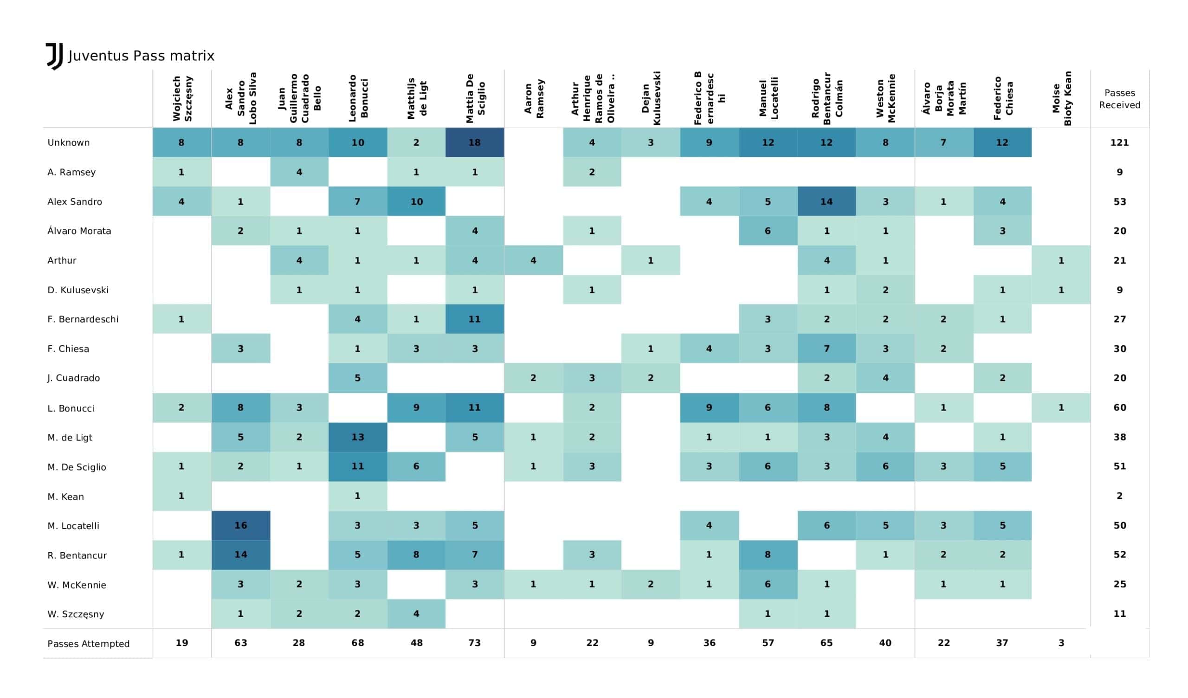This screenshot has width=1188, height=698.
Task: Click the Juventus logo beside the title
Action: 55,56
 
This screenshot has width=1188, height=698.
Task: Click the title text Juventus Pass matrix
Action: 142,56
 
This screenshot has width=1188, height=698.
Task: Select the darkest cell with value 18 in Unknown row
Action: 474,142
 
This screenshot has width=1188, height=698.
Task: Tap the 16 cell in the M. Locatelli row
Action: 240,525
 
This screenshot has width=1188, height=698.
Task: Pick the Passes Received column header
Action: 1120,99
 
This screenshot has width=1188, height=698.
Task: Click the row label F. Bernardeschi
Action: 83,319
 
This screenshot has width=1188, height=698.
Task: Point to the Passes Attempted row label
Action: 89,644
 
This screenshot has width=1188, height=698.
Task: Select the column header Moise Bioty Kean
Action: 1062,98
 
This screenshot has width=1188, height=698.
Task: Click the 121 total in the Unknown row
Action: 1120,142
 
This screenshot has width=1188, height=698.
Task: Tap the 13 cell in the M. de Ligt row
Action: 357,437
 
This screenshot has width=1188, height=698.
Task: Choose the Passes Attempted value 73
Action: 474,643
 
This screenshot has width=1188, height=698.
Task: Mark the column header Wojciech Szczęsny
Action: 182,98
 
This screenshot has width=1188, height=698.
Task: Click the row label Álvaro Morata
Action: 79,231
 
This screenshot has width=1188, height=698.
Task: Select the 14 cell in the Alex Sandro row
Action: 826,201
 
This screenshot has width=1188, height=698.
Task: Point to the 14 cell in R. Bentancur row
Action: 240,555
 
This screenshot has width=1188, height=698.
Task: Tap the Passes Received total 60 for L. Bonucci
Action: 1120,407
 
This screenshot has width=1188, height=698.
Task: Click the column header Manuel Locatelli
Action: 768,98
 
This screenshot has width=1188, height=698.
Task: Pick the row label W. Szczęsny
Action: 76,614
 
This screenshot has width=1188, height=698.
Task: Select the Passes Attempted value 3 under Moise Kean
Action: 1061,643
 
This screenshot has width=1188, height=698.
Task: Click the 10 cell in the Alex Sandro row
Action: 416,201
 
